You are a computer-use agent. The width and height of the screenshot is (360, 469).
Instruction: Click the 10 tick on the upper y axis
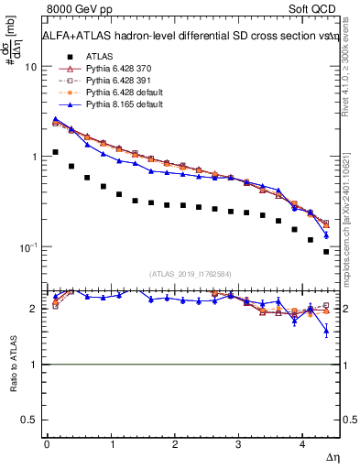tap(30, 67)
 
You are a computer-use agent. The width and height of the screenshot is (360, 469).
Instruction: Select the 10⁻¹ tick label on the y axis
tap(27, 247)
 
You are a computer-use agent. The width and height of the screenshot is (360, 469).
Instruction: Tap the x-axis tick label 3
tap(238, 445)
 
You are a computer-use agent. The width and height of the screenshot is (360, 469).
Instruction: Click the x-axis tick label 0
tap(47, 445)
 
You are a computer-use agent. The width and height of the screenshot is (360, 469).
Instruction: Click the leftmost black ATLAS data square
tap(56, 152)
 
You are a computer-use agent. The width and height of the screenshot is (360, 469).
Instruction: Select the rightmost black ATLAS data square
tap(326, 251)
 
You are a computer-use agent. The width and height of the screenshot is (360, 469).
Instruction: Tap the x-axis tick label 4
tap(302, 445)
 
